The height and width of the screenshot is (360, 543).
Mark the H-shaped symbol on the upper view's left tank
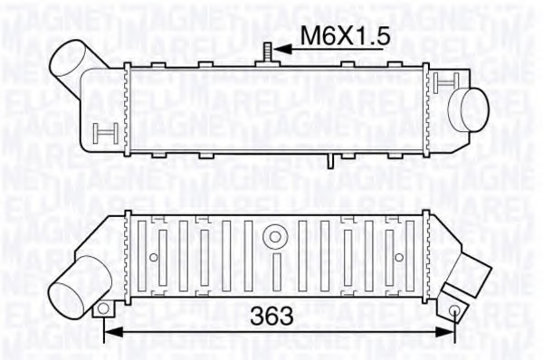pos(102,136)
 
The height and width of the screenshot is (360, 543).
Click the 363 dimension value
pos(271,317)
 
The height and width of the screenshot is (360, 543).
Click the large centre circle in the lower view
pos(272,236)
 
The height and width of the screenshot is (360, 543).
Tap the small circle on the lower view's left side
pos(154,258)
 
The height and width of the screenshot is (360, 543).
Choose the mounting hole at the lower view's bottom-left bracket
pos(103,308)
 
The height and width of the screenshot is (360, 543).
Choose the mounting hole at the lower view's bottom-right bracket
pos(453,310)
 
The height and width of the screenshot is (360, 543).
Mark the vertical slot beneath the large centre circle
pos(272,270)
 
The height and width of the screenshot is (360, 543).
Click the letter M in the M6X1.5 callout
pos(310,35)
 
